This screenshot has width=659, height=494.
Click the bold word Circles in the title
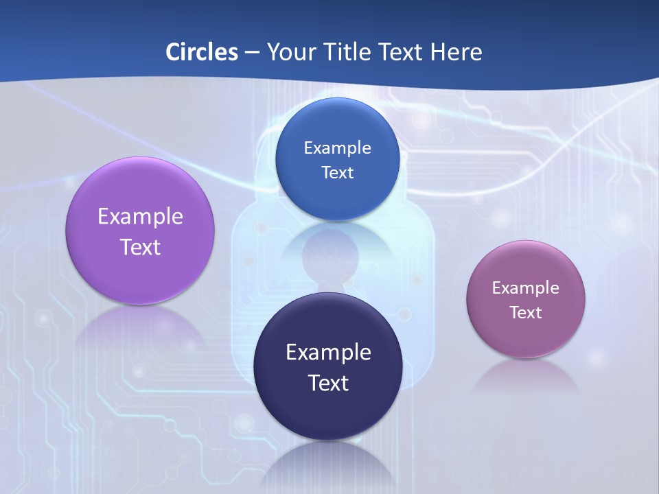[x=202, y=51]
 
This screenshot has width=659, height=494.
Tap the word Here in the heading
[x=456, y=51]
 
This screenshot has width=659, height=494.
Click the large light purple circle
[x=140, y=199]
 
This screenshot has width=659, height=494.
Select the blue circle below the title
[x=338, y=127]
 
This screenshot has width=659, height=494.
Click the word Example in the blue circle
[x=338, y=148]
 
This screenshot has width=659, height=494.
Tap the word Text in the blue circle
[x=338, y=172]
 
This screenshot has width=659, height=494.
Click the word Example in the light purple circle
[x=140, y=217]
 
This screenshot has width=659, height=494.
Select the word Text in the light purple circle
[x=140, y=247]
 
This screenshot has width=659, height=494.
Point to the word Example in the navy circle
[x=328, y=353]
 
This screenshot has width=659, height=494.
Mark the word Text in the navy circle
[x=328, y=383]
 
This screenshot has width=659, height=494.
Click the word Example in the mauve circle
[x=526, y=288]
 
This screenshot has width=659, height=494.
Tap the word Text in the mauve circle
[x=526, y=313]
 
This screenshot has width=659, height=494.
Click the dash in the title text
[x=252, y=52]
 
